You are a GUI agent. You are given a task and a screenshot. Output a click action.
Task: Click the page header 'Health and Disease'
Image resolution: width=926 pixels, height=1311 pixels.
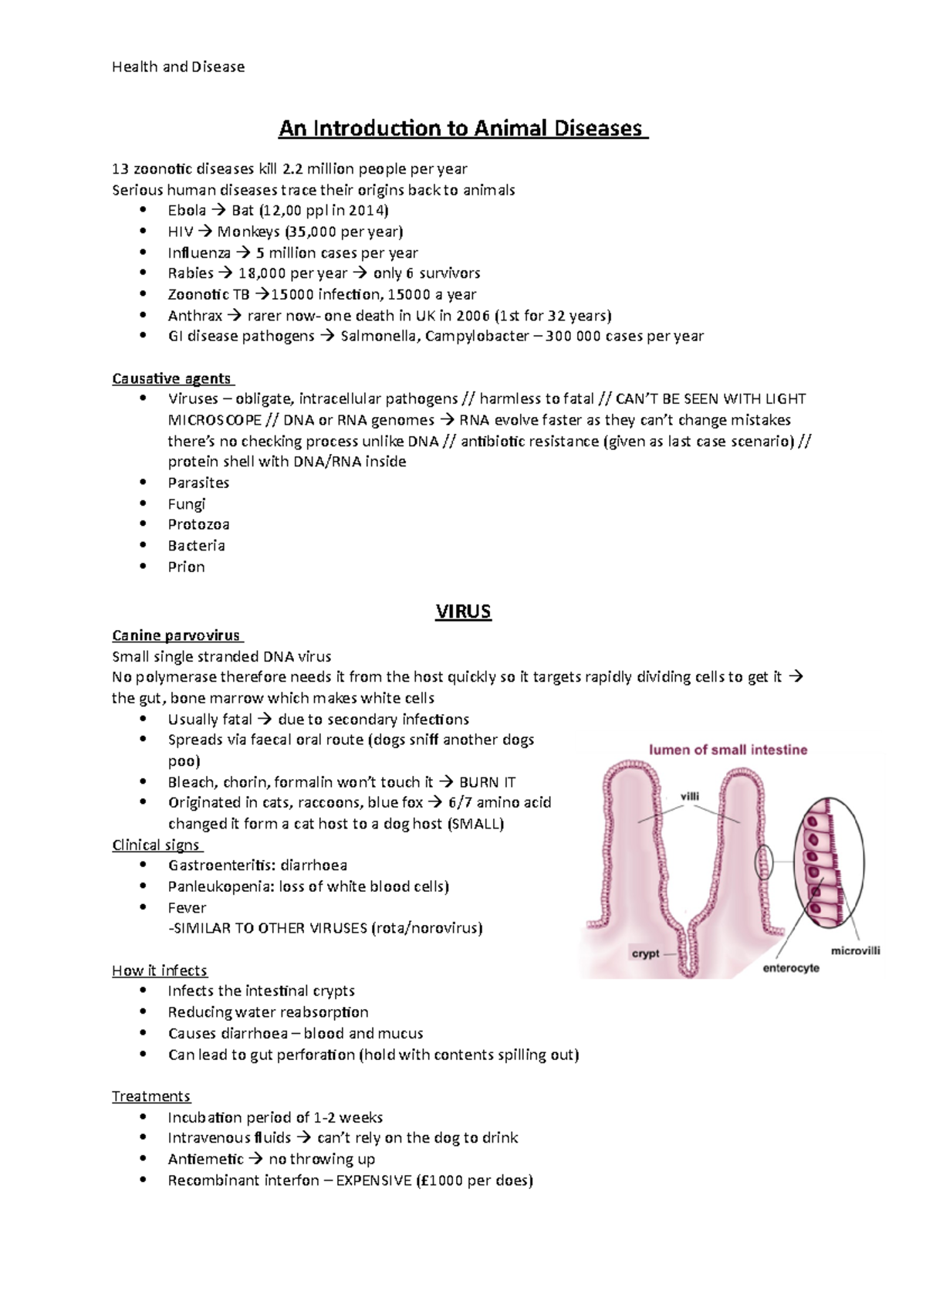click(x=178, y=67)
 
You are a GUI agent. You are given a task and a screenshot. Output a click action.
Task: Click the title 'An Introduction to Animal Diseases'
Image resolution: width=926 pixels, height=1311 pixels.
click(x=461, y=128)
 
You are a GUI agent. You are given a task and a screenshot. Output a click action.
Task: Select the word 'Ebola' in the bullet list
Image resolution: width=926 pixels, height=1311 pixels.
click(x=187, y=211)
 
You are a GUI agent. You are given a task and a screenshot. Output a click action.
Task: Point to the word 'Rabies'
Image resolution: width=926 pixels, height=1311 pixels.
click(x=191, y=273)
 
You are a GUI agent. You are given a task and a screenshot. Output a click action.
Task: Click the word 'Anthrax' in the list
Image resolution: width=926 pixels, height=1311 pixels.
click(x=194, y=316)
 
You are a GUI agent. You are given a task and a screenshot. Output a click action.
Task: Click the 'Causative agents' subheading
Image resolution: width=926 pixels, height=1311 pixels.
click(x=171, y=378)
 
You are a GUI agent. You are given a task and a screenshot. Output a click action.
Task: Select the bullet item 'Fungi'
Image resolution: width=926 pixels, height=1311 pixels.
click(x=187, y=504)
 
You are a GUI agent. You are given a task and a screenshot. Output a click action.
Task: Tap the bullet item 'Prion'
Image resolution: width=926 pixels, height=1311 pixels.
click(x=187, y=567)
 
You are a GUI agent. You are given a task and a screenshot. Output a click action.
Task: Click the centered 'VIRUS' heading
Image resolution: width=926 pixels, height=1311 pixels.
click(x=463, y=611)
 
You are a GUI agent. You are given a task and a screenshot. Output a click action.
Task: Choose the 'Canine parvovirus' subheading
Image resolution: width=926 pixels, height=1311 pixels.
click(x=176, y=635)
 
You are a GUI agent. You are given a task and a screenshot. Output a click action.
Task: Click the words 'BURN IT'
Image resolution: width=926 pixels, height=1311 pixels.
click(x=488, y=782)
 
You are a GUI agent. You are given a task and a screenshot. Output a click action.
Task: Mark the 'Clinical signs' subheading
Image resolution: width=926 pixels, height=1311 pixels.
click(x=156, y=845)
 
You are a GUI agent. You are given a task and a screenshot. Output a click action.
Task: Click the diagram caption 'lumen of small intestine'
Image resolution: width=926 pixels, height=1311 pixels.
click(x=728, y=750)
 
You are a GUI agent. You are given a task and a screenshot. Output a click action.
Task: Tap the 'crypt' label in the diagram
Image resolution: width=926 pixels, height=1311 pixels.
click(x=645, y=954)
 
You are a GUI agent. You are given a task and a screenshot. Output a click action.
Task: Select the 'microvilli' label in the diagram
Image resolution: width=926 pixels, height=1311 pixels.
click(x=855, y=951)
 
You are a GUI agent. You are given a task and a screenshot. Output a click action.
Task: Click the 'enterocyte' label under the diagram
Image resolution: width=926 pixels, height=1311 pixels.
click(x=791, y=968)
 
